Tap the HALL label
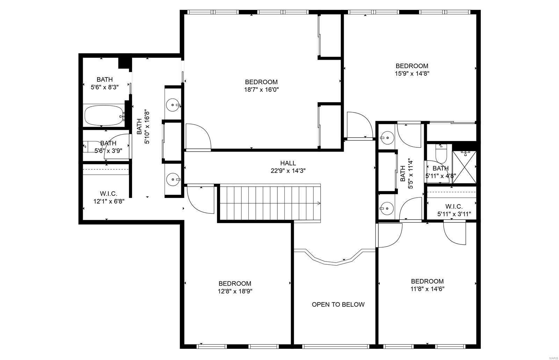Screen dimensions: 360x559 288,163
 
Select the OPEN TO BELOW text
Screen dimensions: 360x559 338,304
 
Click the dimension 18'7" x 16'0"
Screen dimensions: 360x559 262,90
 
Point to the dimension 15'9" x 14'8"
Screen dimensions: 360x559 412,74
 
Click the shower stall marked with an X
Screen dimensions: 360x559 464,167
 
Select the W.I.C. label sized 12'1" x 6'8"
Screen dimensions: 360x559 108,193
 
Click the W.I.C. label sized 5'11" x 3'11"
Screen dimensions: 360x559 454,206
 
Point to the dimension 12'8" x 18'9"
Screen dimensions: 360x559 235,291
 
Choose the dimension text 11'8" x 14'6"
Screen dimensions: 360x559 427,289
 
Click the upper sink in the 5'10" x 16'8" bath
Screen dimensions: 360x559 173,104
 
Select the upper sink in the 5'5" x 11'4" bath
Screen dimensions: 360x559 387,138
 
